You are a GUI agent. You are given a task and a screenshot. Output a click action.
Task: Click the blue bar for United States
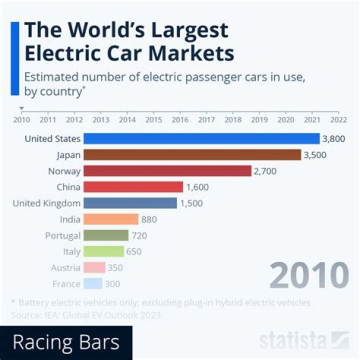(x=201, y=138)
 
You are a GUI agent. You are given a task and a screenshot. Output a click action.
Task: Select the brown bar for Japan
(x=192, y=155)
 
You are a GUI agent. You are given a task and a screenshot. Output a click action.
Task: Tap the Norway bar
(x=167, y=171)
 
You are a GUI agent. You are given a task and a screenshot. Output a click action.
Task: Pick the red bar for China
(x=133, y=187)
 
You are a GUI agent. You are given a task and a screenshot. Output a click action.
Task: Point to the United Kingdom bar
(x=130, y=203)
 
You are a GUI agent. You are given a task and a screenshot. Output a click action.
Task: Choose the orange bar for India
(x=110, y=219)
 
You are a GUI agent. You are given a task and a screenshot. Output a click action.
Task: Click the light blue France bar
(x=93, y=284)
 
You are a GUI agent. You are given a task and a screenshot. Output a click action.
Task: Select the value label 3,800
(x=333, y=139)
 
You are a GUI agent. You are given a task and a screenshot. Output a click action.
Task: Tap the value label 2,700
(x=265, y=171)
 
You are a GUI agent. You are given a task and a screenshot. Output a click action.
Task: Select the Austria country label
(x=65, y=268)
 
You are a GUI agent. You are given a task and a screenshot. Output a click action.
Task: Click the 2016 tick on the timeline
(x=180, y=119)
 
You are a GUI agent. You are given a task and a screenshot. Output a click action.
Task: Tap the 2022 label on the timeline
(x=338, y=119)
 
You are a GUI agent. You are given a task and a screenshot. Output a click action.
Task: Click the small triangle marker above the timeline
(x=21, y=108)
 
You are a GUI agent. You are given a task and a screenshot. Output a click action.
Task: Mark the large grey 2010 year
(x=308, y=274)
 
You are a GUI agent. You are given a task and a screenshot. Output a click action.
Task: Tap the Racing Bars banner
(x=66, y=342)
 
